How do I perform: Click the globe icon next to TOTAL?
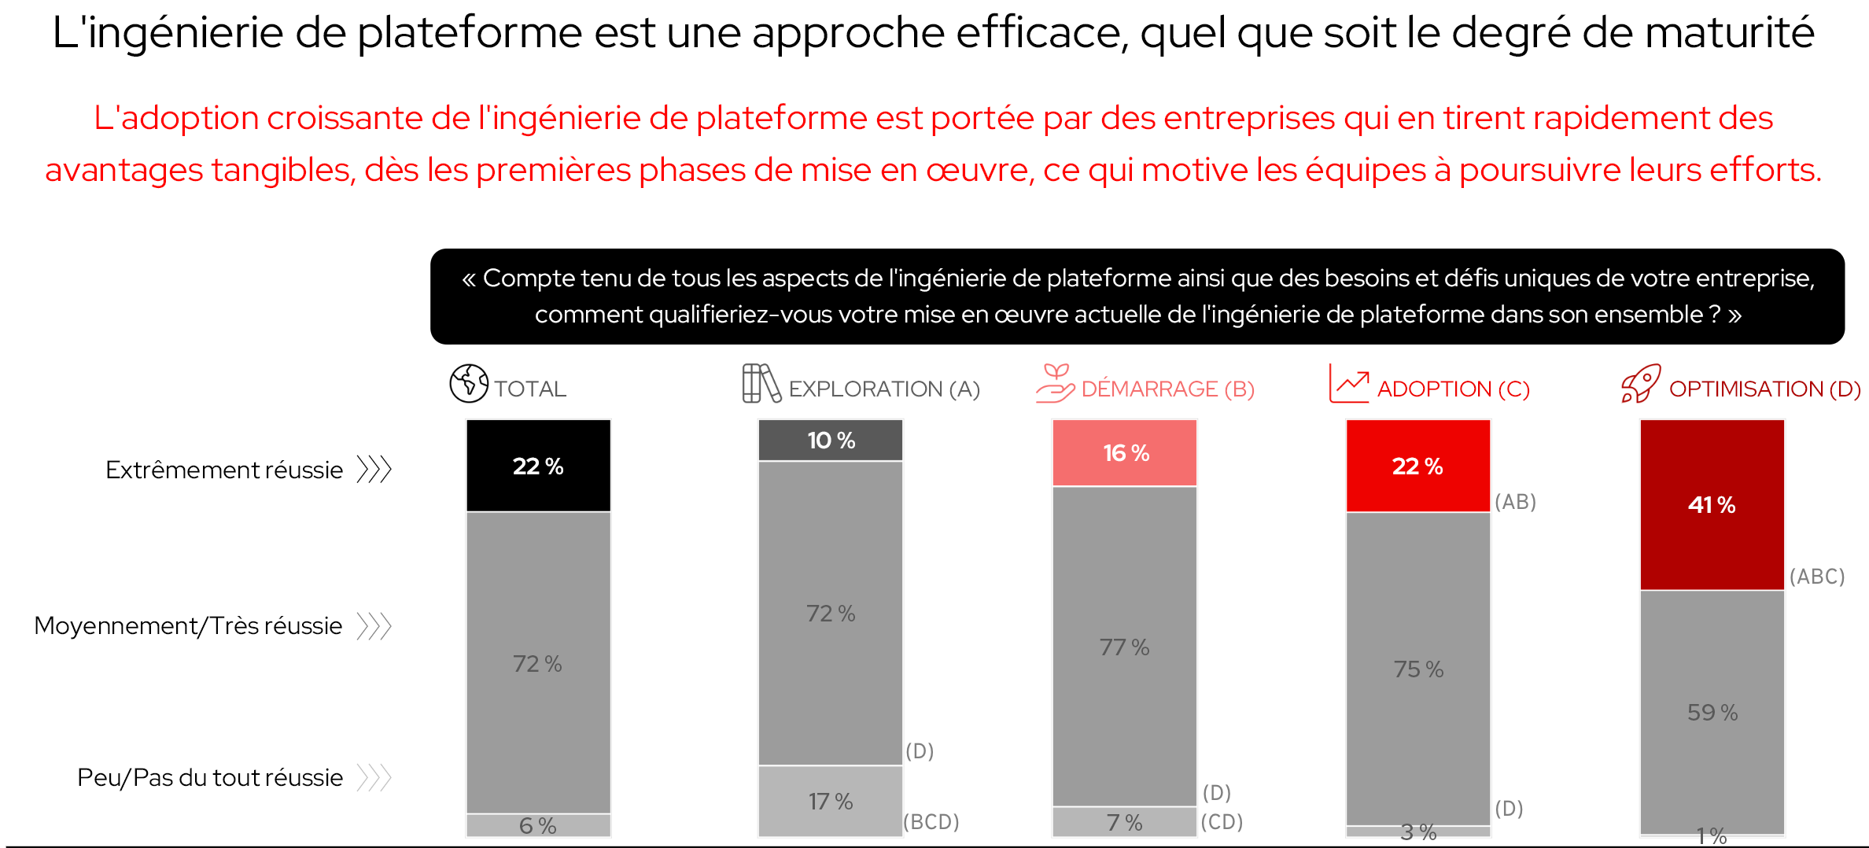[469, 384]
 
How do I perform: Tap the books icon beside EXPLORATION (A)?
[761, 384]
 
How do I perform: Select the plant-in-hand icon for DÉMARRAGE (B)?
[1055, 384]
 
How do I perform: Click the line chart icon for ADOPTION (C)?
[1349, 384]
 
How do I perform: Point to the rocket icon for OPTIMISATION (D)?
[1641, 384]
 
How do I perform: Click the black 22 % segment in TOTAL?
[538, 466]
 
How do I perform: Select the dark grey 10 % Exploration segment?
[831, 441]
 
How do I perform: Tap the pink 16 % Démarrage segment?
[1125, 453]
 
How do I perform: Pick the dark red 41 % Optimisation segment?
[1712, 505]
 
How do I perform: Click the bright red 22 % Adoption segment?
[1417, 466]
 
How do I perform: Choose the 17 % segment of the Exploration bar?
[831, 802]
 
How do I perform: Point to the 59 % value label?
[1712, 713]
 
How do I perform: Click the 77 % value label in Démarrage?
[1124, 647]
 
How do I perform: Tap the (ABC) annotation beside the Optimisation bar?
[1817, 577]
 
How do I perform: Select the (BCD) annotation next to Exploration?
[931, 822]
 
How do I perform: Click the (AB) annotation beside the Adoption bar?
[1515, 502]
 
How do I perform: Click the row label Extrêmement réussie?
[224, 470]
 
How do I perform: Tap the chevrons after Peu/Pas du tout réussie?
[374, 777]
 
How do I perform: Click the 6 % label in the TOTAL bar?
[537, 826]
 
